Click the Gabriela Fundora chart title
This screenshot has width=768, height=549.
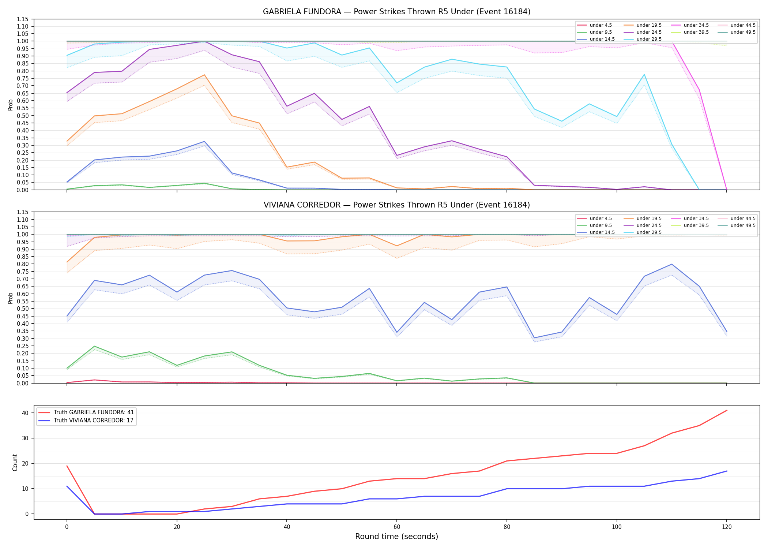pyautogui.click(x=396, y=12)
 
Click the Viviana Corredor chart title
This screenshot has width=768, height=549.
pyautogui.click(x=396, y=205)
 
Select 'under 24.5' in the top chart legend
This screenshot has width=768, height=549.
pyautogui.click(x=649, y=32)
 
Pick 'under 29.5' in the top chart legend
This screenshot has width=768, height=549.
pyautogui.click(x=649, y=39)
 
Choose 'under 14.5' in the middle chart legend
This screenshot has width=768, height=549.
pyautogui.click(x=602, y=232)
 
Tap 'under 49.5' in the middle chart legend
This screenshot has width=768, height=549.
pyautogui.click(x=743, y=225)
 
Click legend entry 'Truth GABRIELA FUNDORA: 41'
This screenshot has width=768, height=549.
pyautogui.click(x=94, y=412)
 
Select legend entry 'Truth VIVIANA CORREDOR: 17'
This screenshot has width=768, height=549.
pyautogui.click(x=93, y=421)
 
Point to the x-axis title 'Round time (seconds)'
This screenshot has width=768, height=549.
pyautogui.click(x=396, y=537)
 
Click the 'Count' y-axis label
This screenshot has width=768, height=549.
pyautogui.click(x=15, y=462)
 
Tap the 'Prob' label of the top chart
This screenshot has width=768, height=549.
pyautogui.click(x=11, y=105)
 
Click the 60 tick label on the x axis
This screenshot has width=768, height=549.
pyautogui.click(x=397, y=527)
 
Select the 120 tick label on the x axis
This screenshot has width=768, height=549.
pyautogui.click(x=727, y=527)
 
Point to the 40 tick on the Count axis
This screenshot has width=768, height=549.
pyautogui.click(x=25, y=413)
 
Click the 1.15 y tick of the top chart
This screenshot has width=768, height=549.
pyautogui.click(x=22, y=19)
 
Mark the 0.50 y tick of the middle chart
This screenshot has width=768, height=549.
pyautogui.click(x=22, y=309)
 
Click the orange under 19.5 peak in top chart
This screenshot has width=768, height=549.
pyautogui.click(x=204, y=75)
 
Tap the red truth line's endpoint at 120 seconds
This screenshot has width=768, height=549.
pyautogui.click(x=727, y=410)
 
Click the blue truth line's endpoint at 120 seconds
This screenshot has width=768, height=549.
pyautogui.click(x=727, y=471)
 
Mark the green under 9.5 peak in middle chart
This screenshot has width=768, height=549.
pyautogui.click(x=94, y=346)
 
